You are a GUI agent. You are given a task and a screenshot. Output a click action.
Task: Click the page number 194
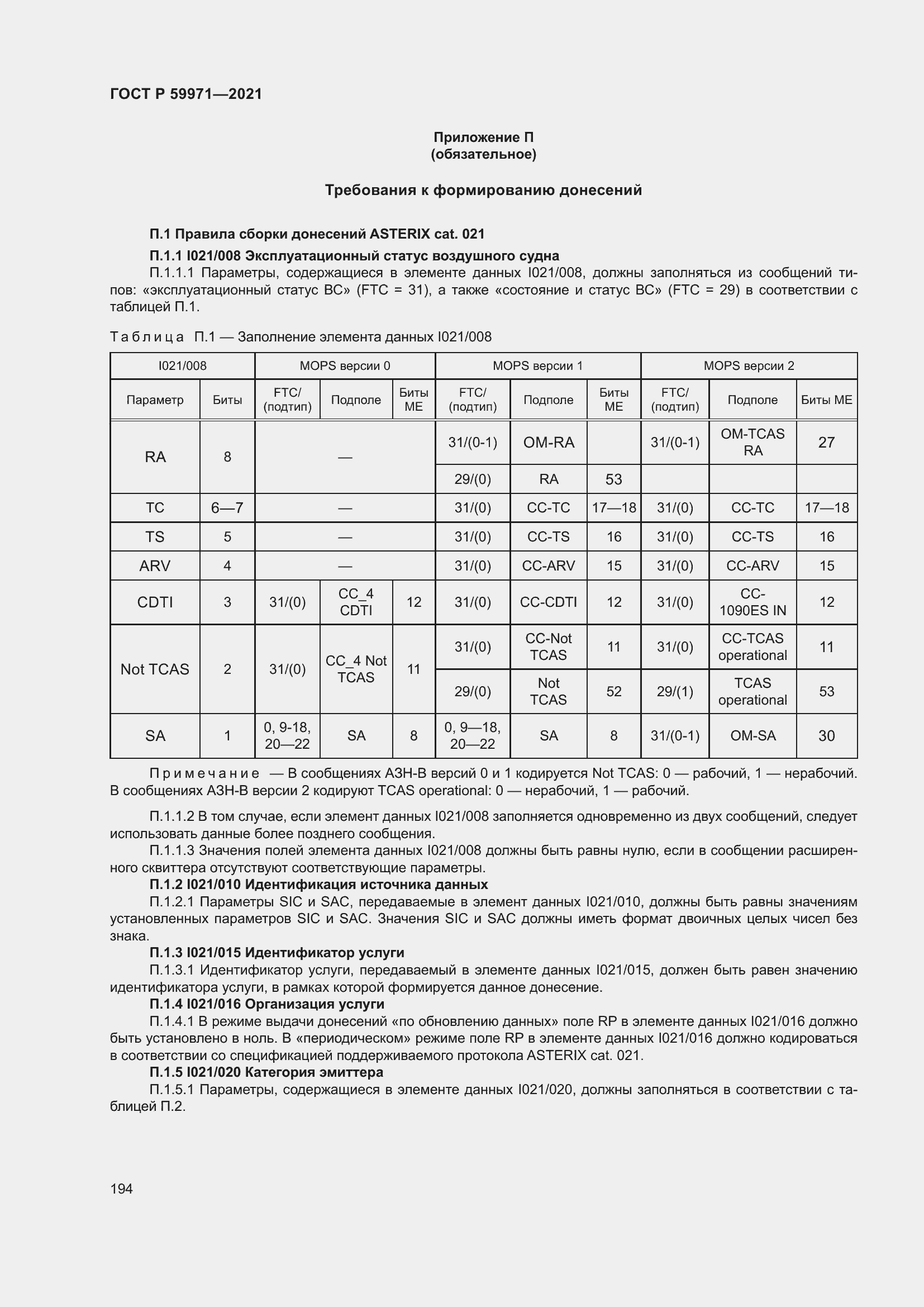click(121, 1189)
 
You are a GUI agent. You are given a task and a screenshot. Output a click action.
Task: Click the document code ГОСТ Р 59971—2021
click(186, 94)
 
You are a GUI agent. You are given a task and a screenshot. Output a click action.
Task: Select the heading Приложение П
click(483, 137)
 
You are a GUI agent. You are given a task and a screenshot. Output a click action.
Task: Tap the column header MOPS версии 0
click(345, 365)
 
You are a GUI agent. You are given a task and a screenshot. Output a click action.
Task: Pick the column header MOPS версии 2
click(748, 365)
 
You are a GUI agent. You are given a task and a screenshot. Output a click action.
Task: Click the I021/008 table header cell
click(182, 365)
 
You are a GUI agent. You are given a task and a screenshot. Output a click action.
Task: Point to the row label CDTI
click(155, 602)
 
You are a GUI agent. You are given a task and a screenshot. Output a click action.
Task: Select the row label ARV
click(155, 566)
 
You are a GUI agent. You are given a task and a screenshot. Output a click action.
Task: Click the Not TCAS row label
click(155, 669)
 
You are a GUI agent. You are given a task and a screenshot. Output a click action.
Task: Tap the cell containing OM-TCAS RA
click(752, 443)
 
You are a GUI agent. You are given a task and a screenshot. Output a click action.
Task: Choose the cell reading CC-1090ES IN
click(752, 602)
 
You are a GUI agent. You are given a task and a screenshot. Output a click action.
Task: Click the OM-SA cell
click(752, 735)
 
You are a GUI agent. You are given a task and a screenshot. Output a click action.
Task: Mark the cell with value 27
click(826, 443)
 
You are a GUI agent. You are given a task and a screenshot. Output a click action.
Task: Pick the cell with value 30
click(826, 735)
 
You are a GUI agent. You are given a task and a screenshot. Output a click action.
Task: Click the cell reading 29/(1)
click(675, 691)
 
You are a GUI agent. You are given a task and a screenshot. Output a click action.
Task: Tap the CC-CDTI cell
click(548, 602)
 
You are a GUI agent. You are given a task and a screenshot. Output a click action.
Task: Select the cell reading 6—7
click(227, 508)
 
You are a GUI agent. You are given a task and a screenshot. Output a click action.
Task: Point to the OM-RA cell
click(548, 443)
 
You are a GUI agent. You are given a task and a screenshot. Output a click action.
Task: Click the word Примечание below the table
click(204, 773)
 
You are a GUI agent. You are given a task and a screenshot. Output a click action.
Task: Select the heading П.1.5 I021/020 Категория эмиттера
click(266, 1072)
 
